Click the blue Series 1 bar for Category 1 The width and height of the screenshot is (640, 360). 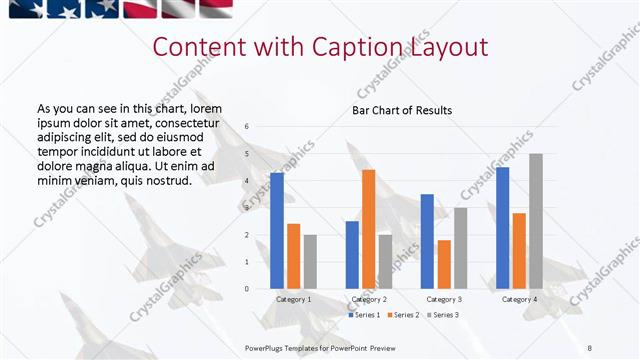277,231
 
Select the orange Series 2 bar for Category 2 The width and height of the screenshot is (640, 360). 368,229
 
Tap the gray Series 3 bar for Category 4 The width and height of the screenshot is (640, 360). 536,221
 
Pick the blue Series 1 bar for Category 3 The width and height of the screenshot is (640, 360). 427,241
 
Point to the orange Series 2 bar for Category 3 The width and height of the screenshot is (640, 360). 444,264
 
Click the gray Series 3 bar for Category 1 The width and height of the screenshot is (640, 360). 310,261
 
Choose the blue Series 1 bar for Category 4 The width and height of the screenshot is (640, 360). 502,228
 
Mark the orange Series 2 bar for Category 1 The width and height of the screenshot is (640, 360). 293,256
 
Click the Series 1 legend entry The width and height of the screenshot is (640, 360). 363,315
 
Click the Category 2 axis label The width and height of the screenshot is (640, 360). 369,299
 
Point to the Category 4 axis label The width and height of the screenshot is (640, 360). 519,299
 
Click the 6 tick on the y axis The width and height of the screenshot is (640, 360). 247,126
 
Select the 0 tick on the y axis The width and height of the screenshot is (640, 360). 247,289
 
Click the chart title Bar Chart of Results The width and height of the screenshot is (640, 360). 402,110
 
